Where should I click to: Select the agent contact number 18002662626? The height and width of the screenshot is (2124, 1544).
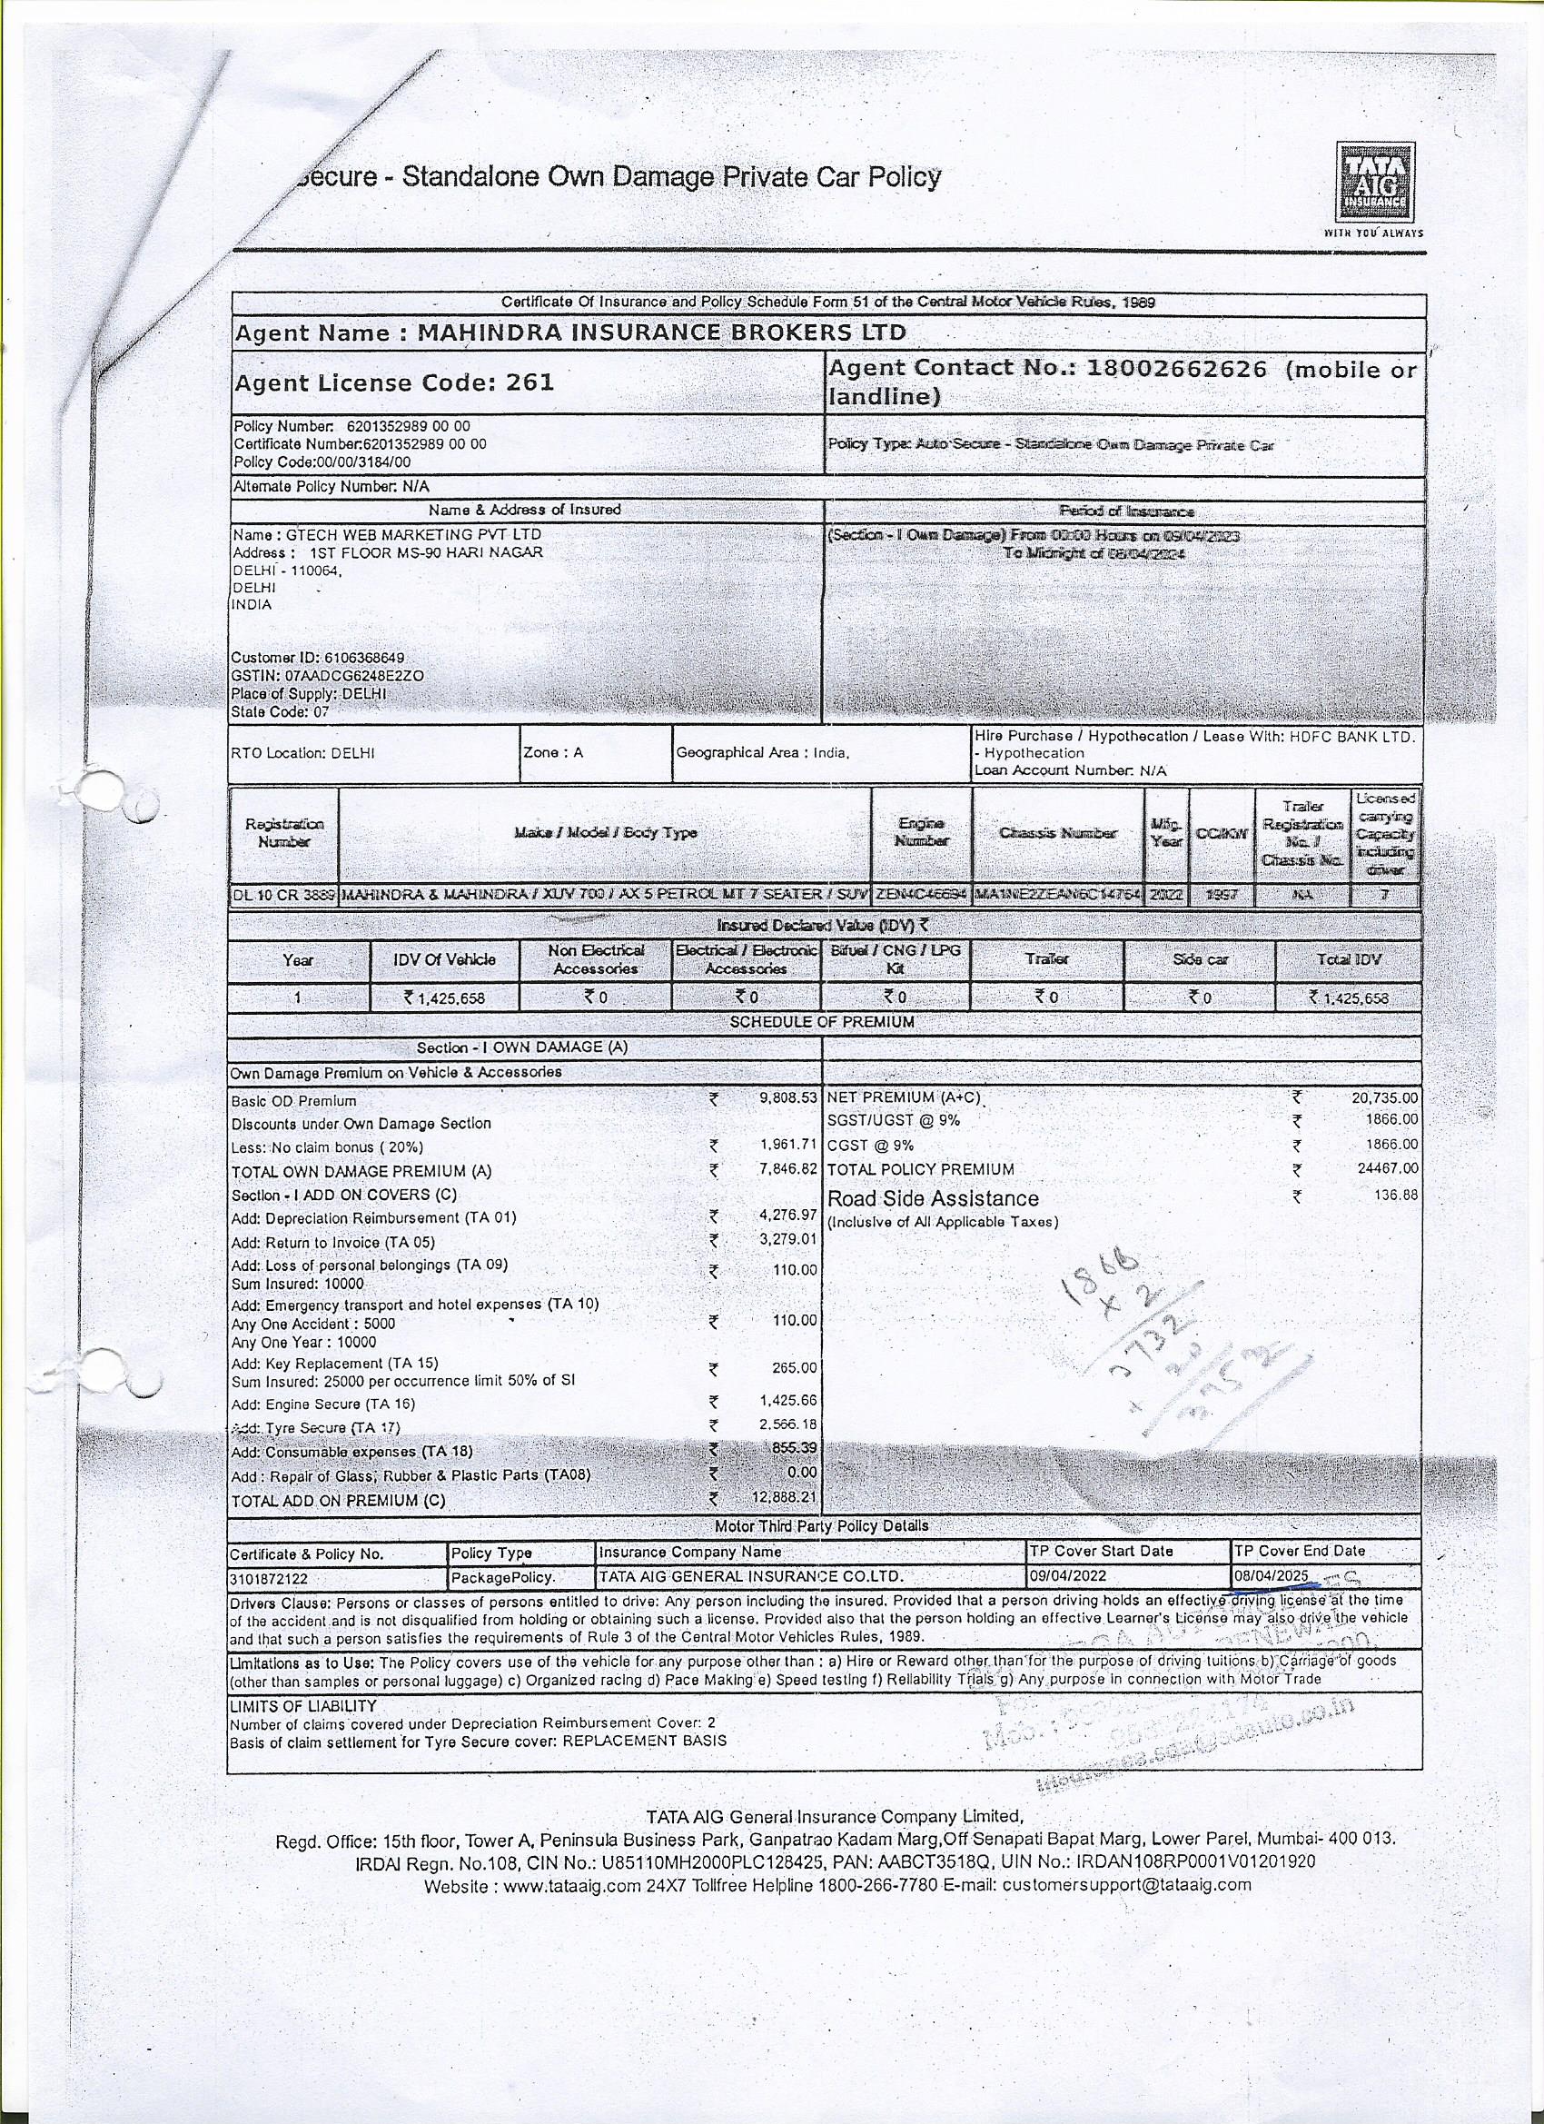[1175, 369]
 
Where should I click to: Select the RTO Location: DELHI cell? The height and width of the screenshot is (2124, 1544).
[302, 753]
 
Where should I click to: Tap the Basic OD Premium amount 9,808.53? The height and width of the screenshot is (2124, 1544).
[788, 1097]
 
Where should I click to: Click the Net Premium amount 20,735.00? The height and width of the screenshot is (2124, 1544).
[1384, 1097]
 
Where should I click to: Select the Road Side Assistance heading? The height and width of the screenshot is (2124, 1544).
[933, 1199]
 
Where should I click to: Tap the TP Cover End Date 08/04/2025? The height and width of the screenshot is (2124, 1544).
[1271, 1576]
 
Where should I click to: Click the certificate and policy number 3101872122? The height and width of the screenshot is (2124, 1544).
[270, 1578]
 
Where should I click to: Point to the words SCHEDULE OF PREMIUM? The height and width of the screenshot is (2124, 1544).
[821, 1022]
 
